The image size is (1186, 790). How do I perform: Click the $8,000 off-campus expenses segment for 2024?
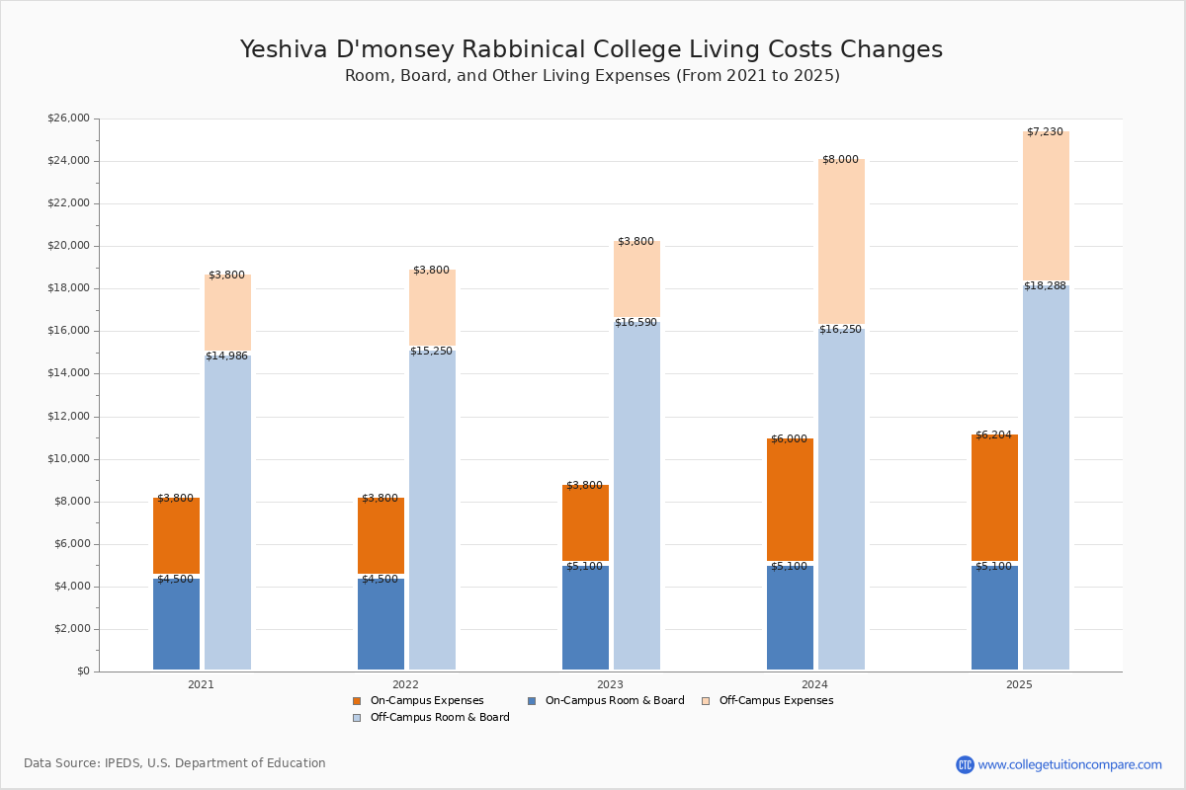[x=841, y=241]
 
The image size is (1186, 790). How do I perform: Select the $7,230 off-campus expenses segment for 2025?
[x=1046, y=205]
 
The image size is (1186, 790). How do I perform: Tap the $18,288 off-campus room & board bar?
[x=1046, y=477]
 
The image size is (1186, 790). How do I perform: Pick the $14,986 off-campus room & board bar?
[x=227, y=513]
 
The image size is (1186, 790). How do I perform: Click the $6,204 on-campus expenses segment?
[x=994, y=498]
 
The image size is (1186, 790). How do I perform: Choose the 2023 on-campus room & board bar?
[x=585, y=617]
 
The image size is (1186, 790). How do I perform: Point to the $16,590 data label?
[x=635, y=322]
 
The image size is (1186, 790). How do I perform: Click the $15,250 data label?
[x=431, y=351]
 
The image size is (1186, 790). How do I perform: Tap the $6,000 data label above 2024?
[x=789, y=438]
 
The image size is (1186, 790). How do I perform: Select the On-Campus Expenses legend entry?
[x=418, y=700]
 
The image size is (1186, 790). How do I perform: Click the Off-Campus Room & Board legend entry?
[x=431, y=718]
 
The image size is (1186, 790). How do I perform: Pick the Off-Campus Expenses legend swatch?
[x=706, y=701]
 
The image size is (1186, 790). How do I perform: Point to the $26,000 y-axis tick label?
[x=68, y=118]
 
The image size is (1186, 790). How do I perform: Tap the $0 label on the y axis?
[x=84, y=671]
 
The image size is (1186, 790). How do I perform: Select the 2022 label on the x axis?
[x=405, y=684]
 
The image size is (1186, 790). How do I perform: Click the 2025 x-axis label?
[x=1019, y=684]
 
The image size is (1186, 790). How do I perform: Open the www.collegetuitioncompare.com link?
[x=1069, y=764]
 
